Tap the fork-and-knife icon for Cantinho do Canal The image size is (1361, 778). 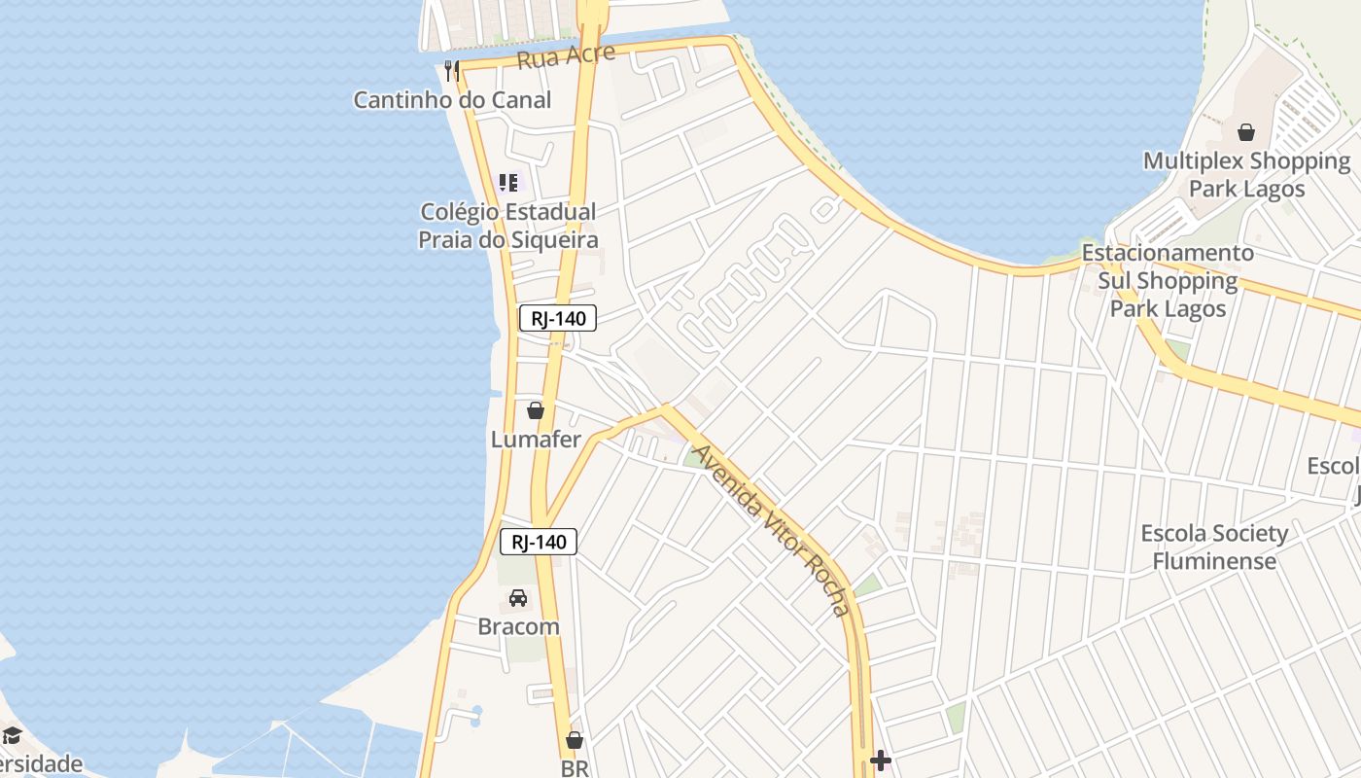(x=451, y=70)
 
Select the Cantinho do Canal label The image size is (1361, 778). (x=452, y=99)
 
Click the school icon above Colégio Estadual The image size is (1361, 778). (x=507, y=182)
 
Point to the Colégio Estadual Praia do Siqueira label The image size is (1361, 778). (x=507, y=226)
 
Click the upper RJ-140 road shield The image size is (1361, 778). (x=558, y=318)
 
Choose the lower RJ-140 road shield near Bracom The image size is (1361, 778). (x=539, y=542)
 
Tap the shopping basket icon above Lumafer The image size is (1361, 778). (x=535, y=410)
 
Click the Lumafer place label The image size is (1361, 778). (x=536, y=439)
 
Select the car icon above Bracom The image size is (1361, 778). (x=518, y=598)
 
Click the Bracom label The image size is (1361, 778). (x=518, y=626)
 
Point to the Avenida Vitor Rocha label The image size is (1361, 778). (x=774, y=531)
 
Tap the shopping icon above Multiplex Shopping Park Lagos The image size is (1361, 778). (x=1246, y=132)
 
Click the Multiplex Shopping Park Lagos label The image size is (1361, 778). (x=1246, y=174)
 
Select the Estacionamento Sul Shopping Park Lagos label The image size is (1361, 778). (x=1168, y=280)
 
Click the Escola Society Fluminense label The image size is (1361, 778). (x=1214, y=547)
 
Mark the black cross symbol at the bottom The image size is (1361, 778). (x=881, y=760)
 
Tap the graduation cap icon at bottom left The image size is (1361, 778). (x=12, y=734)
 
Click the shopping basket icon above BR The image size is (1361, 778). (x=575, y=740)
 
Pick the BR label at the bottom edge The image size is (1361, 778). (x=575, y=767)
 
